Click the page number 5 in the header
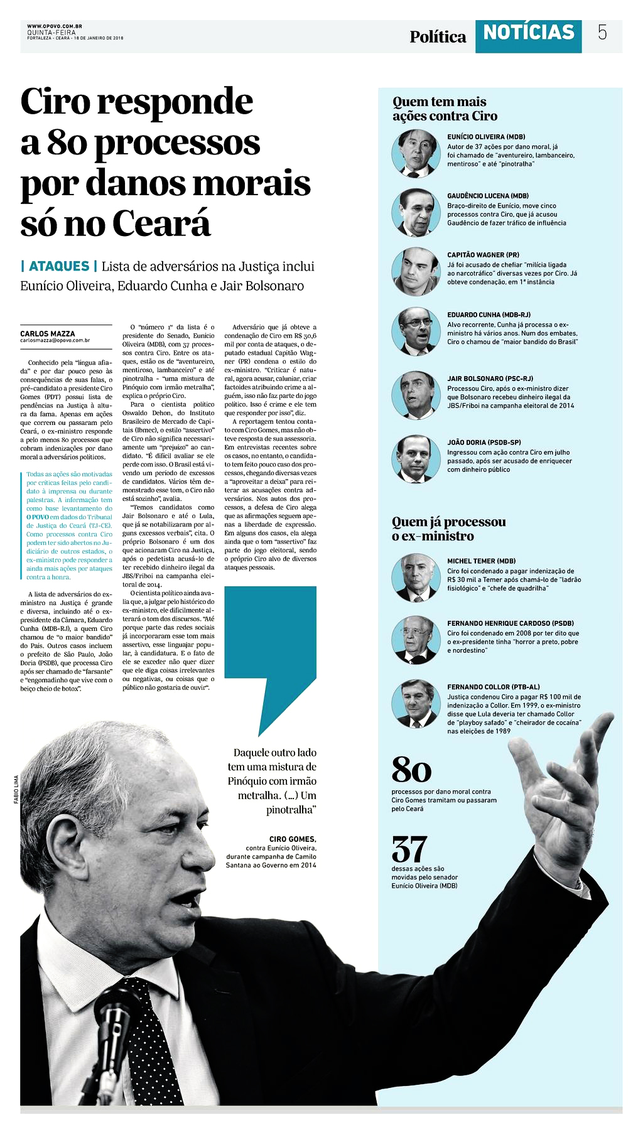(x=602, y=33)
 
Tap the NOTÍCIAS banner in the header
(x=528, y=33)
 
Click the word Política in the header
(x=438, y=37)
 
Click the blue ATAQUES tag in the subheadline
(x=59, y=266)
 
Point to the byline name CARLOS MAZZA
(x=48, y=334)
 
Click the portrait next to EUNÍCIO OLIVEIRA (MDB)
(x=416, y=153)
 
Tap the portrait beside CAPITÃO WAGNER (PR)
(x=416, y=271)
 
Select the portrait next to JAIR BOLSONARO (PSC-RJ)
(x=416, y=395)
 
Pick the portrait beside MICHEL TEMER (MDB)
(x=416, y=577)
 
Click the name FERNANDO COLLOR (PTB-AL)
(x=493, y=687)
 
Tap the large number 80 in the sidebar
(x=411, y=770)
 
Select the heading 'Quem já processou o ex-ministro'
(x=448, y=529)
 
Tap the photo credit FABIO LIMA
(x=16, y=789)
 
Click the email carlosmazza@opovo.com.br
(x=55, y=341)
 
